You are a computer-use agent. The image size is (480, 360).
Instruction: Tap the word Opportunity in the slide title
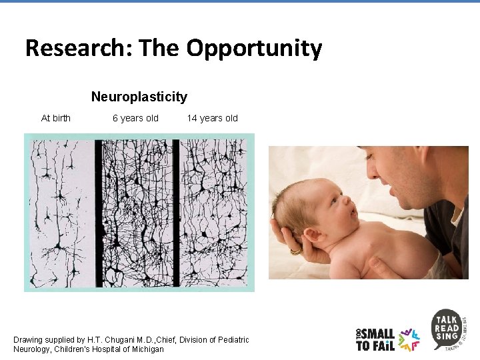[x=254, y=49]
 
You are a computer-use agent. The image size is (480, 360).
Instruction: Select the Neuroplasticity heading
[x=139, y=97]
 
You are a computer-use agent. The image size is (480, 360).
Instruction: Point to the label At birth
[x=55, y=119]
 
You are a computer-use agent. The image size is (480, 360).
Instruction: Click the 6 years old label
[x=135, y=119]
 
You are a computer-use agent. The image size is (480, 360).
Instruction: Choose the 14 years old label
[x=212, y=119]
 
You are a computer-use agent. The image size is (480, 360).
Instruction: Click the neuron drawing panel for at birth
[x=61, y=212]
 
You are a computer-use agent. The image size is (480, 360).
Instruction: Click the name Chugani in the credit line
[x=120, y=340]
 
